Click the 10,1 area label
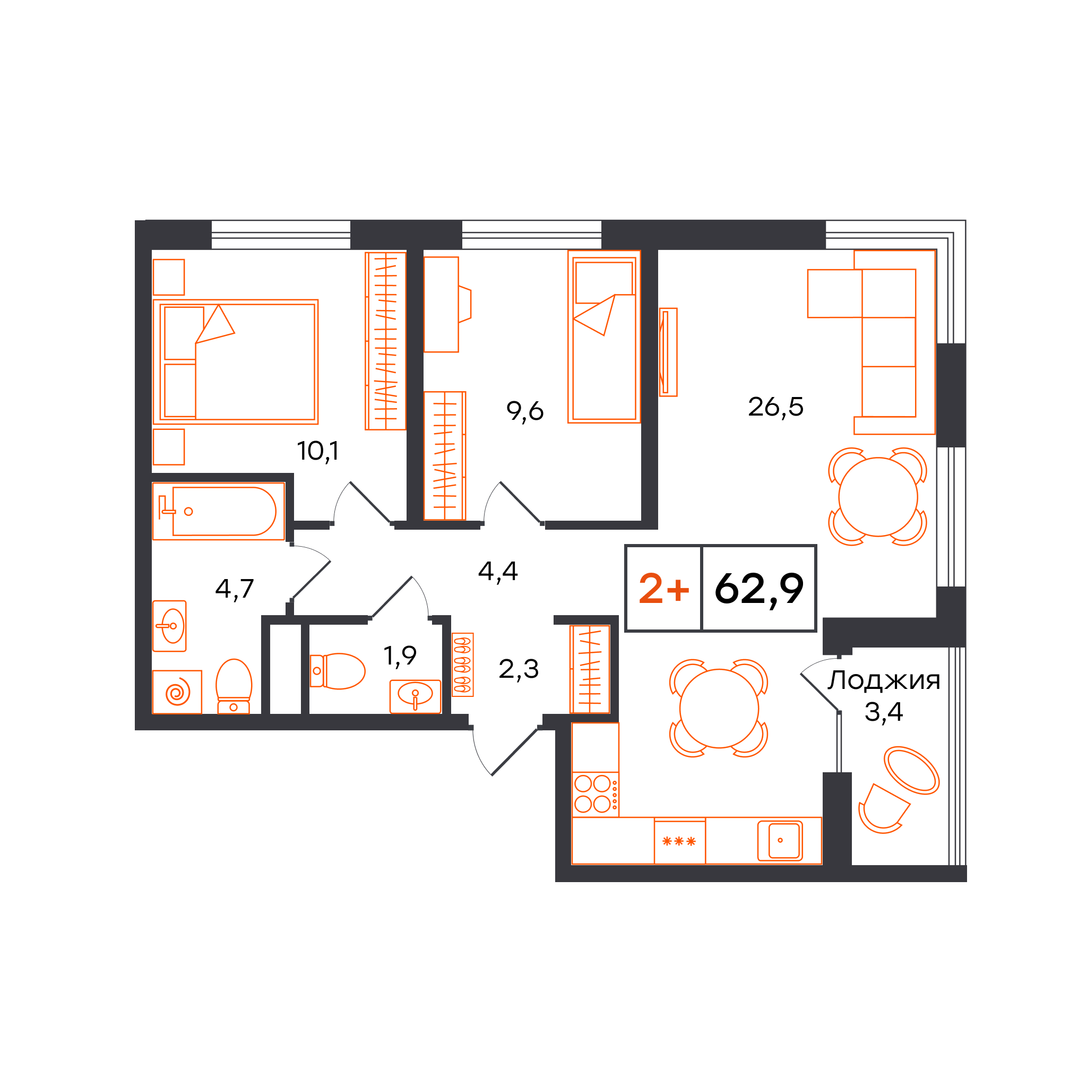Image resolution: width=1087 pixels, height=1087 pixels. (x=318, y=451)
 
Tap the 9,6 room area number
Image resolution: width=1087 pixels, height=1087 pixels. (x=525, y=411)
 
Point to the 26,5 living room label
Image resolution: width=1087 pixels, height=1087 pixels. (x=776, y=407)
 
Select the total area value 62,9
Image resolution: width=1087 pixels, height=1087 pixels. (x=759, y=589)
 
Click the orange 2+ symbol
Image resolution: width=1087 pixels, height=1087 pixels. (x=664, y=589)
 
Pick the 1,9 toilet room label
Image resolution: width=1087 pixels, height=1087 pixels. (x=400, y=655)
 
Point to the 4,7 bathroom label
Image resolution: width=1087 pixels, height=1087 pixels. (x=235, y=589)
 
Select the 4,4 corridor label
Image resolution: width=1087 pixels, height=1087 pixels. (x=498, y=572)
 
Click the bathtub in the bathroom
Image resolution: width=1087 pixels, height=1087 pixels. (x=219, y=512)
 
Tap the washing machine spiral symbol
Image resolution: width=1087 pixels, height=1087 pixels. (x=177, y=692)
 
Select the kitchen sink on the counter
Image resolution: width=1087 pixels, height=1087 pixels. (x=780, y=841)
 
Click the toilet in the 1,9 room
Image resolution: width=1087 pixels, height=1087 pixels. (x=338, y=671)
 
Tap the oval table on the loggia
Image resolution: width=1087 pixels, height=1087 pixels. (x=912, y=770)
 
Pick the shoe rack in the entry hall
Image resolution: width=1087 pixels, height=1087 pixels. (x=462, y=665)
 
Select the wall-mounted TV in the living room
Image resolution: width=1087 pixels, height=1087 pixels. (x=668, y=352)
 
